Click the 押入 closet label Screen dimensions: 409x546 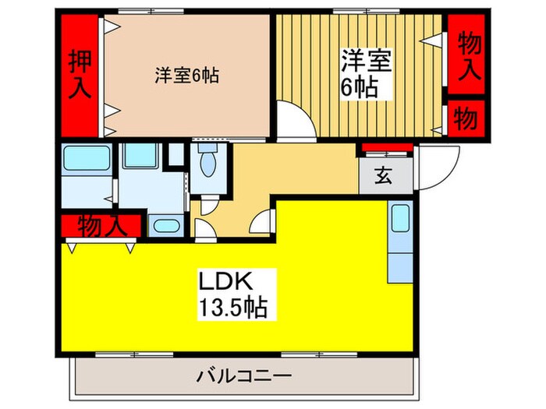tap(79, 75)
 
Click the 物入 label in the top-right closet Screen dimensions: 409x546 tap(466, 55)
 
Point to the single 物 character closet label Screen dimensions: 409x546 tap(466, 119)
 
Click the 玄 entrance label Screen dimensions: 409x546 tap(384, 176)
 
